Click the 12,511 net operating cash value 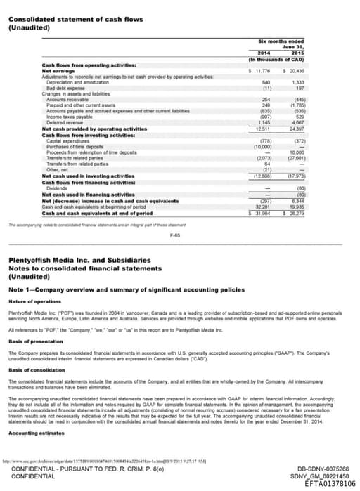[x=263, y=129]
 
